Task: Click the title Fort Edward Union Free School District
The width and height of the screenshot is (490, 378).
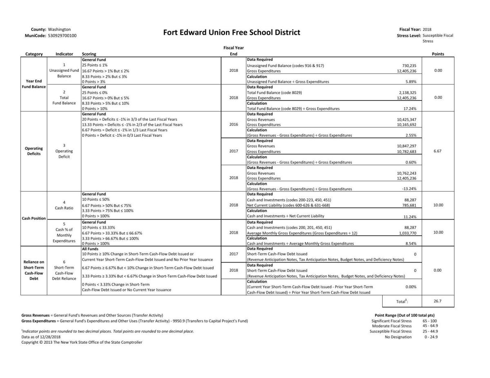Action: [x=232, y=33]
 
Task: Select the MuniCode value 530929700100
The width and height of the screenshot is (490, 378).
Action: [x=62, y=36]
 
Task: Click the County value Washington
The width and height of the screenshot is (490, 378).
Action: [x=59, y=29]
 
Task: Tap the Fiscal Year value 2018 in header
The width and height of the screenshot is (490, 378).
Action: [x=427, y=29]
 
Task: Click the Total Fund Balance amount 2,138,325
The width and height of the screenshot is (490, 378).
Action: [x=408, y=93]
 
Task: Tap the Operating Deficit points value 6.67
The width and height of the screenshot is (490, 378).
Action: [x=438, y=151]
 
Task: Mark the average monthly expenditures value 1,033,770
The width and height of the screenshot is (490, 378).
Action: [x=408, y=233]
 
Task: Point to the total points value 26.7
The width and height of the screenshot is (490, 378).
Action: [x=437, y=301]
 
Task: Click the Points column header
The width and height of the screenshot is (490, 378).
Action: [x=438, y=54]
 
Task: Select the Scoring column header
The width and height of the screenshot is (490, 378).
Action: [x=89, y=54]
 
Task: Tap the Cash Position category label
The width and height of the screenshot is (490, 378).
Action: [x=33, y=218]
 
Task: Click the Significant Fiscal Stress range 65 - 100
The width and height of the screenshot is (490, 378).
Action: [x=430, y=321]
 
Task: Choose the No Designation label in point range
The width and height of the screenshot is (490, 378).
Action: [x=398, y=337]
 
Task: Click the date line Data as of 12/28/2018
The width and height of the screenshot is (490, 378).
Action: [x=41, y=337]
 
